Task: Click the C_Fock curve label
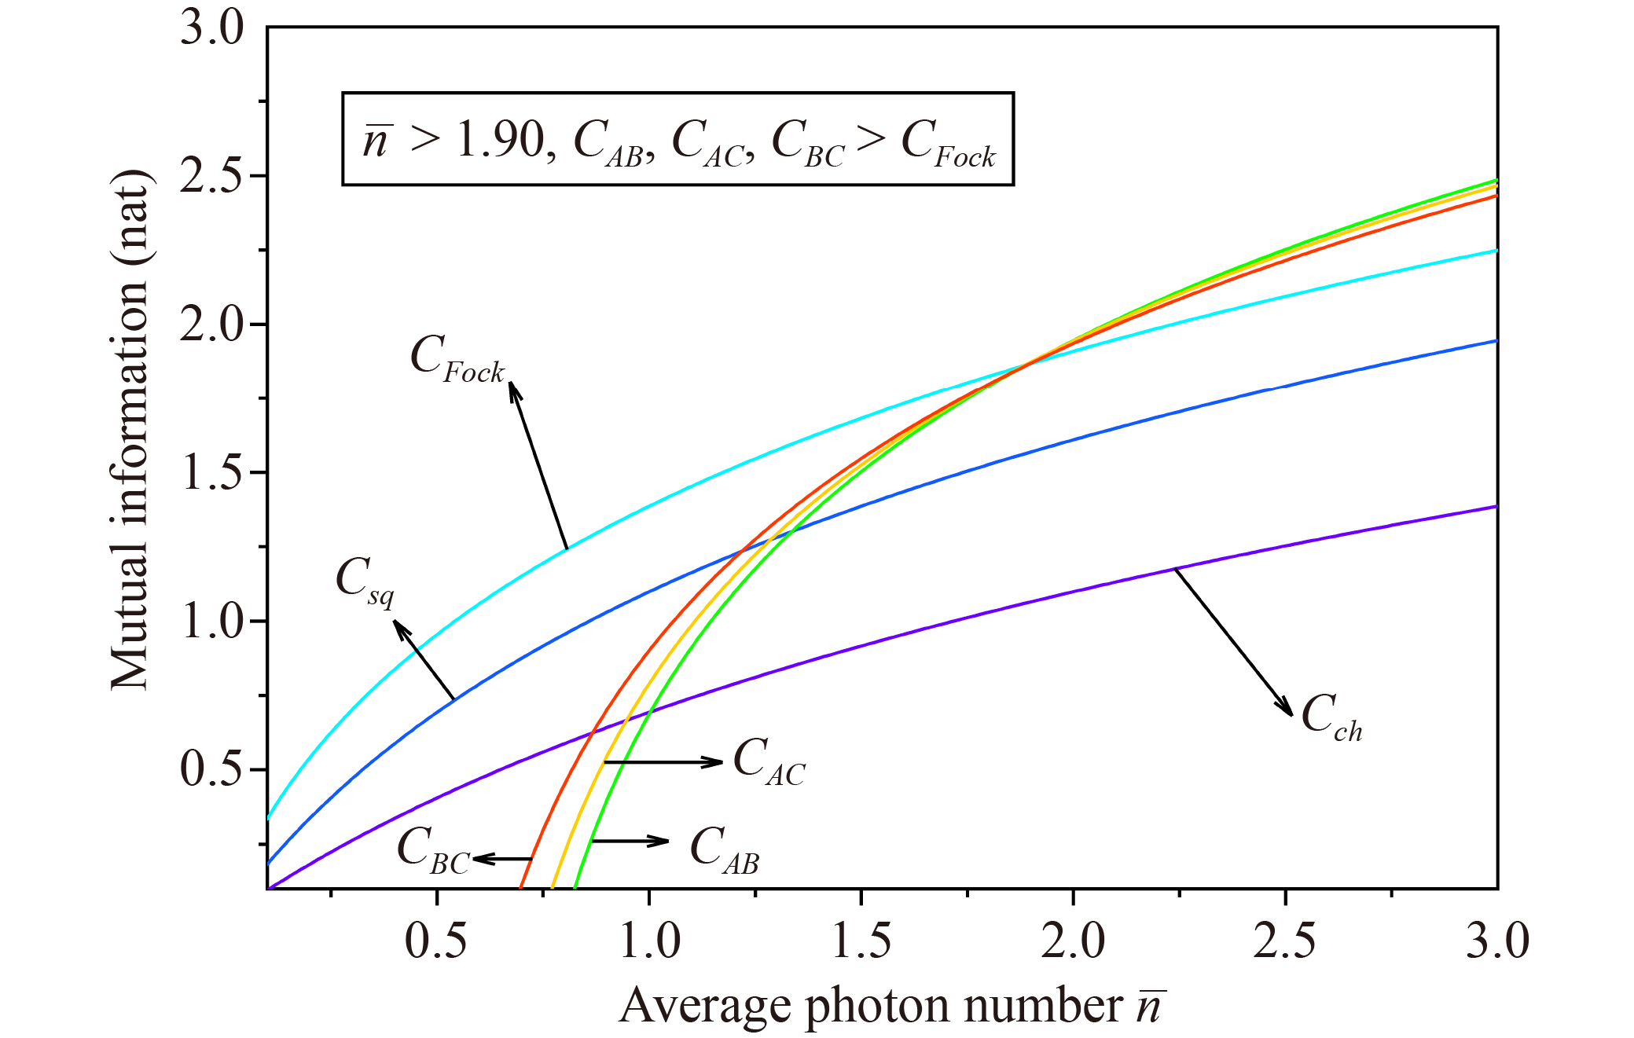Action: coord(457,359)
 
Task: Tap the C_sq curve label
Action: coord(365,581)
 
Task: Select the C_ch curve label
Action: coord(1331,717)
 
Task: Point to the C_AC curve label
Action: coord(769,761)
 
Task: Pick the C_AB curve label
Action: coord(724,850)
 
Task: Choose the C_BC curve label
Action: coord(433,850)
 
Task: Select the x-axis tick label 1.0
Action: coord(649,941)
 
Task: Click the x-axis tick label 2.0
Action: coord(1074,941)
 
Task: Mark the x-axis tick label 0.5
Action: coord(436,941)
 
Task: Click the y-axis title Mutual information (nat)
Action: coord(130,431)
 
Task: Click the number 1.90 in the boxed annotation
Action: coord(501,140)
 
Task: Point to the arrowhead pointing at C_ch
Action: coord(1286,708)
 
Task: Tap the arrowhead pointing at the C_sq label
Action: coord(399,627)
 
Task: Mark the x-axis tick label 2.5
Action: coord(1285,941)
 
